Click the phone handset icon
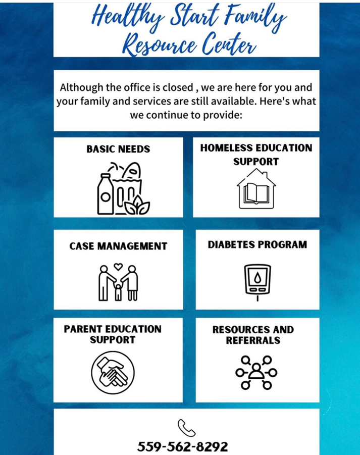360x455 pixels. click(x=186, y=428)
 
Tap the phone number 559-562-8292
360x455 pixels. click(x=182, y=446)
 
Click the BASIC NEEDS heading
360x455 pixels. click(x=118, y=149)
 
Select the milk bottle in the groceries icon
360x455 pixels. click(x=105, y=194)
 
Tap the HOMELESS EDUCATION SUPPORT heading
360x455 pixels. click(x=256, y=155)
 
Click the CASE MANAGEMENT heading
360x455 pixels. click(x=118, y=246)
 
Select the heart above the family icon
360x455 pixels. click(x=118, y=266)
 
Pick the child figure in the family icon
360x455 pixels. click(x=118, y=292)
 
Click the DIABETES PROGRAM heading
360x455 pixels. click(x=258, y=244)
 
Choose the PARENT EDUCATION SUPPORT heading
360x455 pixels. click(x=113, y=334)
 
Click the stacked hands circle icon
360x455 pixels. click(x=113, y=373)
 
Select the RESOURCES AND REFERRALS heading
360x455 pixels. click(x=253, y=335)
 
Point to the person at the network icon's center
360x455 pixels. click(x=256, y=372)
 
